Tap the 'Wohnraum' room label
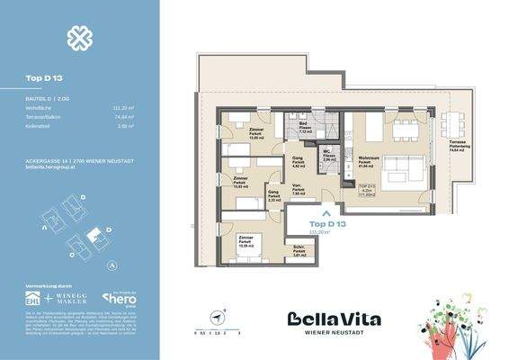point(366,155)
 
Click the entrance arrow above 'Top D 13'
point(326,213)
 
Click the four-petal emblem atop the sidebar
point(79,38)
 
